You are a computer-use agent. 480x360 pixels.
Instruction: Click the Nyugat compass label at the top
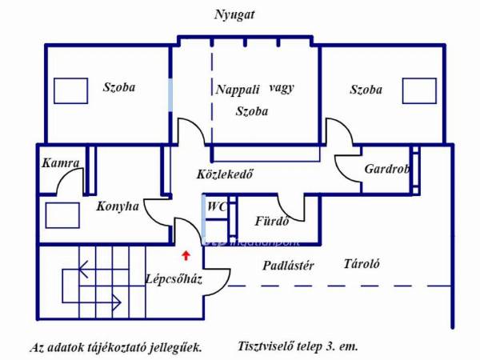[x=234, y=15]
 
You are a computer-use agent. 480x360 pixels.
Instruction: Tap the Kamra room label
[x=61, y=163]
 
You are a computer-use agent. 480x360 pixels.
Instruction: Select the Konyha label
[x=118, y=206]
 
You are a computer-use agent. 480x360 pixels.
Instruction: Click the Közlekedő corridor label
[x=225, y=174]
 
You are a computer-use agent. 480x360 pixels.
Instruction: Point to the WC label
[x=217, y=206]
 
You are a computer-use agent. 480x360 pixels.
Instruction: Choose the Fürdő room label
[x=272, y=221]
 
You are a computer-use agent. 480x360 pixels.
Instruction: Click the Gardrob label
[x=387, y=169]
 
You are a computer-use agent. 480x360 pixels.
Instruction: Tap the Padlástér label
[x=288, y=266]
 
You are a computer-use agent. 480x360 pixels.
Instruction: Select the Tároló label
[x=362, y=263]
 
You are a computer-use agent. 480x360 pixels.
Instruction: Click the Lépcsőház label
[x=174, y=279]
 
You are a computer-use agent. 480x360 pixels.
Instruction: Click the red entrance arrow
[x=186, y=256]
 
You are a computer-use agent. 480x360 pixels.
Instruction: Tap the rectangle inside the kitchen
[x=62, y=215]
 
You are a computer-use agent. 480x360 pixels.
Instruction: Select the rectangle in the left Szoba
[x=70, y=90]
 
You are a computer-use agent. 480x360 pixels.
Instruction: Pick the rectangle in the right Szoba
[x=419, y=90]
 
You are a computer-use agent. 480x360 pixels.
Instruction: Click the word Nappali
[x=238, y=90]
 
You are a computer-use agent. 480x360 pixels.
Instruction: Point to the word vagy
[x=282, y=89]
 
